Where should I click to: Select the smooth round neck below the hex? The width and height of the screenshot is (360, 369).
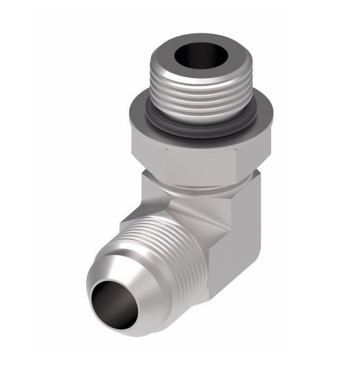click(198, 184)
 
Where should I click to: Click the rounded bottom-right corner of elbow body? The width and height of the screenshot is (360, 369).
click(222, 287)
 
